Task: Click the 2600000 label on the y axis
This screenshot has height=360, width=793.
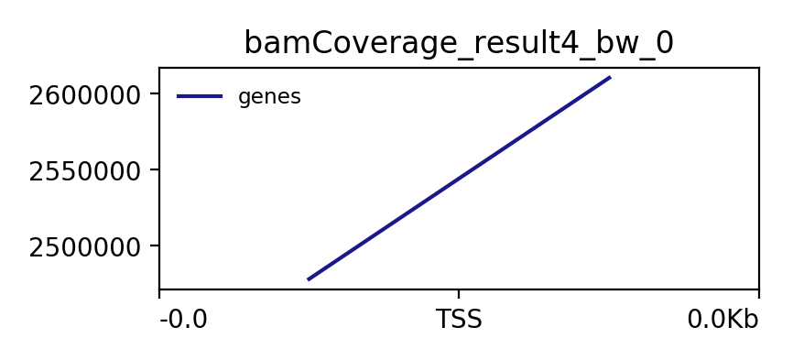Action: [x=84, y=96]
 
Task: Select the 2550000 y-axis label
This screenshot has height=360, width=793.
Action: [x=84, y=172]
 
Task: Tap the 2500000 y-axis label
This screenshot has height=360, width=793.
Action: [x=84, y=248]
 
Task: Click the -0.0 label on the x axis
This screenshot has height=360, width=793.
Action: [x=183, y=320]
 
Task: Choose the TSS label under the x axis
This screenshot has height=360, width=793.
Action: [x=459, y=320]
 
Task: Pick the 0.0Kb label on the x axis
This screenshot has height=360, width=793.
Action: [x=722, y=320]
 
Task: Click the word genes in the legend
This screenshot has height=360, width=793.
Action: [x=269, y=97]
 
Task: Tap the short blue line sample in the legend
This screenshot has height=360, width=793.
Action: [x=200, y=96]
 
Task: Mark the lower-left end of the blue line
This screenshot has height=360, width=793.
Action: [x=308, y=279]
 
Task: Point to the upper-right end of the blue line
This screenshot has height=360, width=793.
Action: [x=611, y=77]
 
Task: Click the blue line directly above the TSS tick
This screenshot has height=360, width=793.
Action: [x=459, y=178]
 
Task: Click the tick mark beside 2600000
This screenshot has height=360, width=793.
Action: [x=156, y=93]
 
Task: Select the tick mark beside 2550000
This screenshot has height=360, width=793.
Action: [x=156, y=169]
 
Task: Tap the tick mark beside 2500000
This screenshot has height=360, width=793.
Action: [x=156, y=245]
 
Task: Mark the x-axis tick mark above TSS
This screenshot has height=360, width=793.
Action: [x=459, y=293]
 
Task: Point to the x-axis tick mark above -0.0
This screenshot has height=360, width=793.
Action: [x=159, y=293]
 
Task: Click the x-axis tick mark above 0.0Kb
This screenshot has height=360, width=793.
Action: [x=758, y=293]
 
